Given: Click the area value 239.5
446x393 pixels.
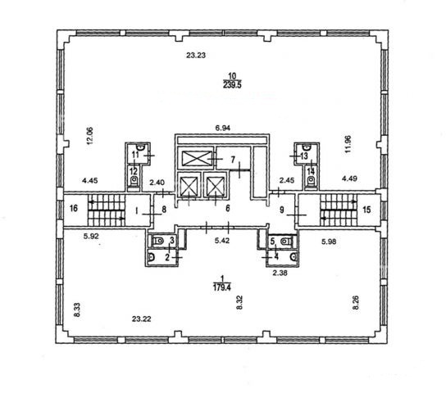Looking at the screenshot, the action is pyautogui.click(x=232, y=85).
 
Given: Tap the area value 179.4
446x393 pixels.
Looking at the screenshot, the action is pyautogui.click(x=222, y=287).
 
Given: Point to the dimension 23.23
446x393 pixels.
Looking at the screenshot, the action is pyautogui.click(x=196, y=55).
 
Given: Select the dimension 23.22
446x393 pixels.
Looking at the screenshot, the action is pyautogui.click(x=141, y=318).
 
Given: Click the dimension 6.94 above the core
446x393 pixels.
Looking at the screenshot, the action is pyautogui.click(x=222, y=128).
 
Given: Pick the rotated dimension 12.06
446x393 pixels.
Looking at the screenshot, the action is pyautogui.click(x=89, y=136).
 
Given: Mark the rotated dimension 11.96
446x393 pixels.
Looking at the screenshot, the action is pyautogui.click(x=348, y=144).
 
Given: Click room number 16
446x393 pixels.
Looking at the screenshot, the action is pyautogui.click(x=74, y=209).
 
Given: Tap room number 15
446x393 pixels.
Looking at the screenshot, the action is pyautogui.click(x=367, y=210).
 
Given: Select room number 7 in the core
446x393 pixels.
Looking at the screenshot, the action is pyautogui.click(x=233, y=160).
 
